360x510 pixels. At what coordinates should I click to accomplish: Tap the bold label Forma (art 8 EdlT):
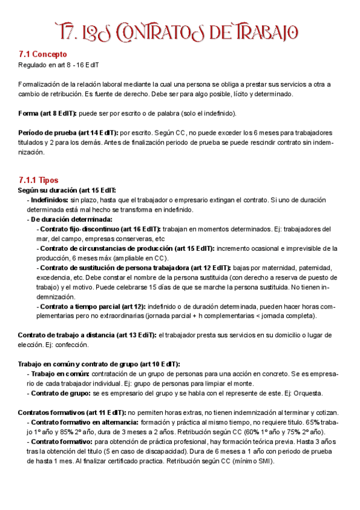(47, 114)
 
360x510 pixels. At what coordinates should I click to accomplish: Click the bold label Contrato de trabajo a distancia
(72, 335)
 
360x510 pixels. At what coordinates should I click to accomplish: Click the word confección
(73, 345)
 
